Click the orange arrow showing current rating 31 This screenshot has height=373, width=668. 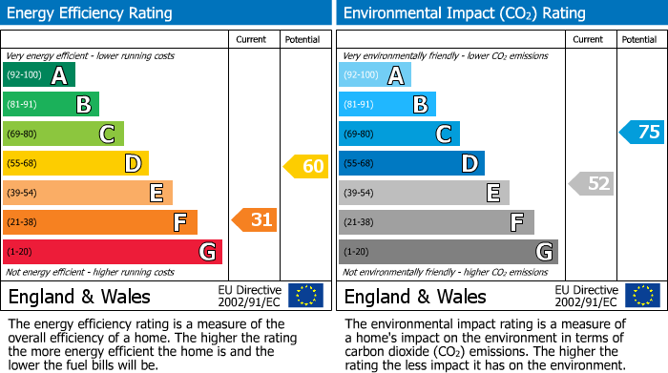[x=255, y=220]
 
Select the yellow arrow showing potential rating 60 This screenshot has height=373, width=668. [x=305, y=166]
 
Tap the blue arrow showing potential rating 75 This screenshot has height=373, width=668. [x=642, y=133]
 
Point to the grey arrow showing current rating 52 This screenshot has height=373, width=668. [x=591, y=183]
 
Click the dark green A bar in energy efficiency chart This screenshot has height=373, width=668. [x=38, y=75]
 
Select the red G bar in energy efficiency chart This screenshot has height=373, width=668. [x=112, y=252]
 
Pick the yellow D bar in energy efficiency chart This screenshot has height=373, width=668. [x=74, y=163]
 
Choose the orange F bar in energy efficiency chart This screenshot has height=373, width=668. [x=99, y=222]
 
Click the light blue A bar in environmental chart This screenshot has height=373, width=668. [x=374, y=75]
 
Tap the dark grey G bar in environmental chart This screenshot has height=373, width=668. [x=448, y=252]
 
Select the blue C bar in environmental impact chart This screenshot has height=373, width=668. [x=398, y=135]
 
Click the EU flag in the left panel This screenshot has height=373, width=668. [x=305, y=295]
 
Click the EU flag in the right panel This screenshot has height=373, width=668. [x=642, y=295]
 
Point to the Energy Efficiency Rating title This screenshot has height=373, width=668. [x=91, y=13]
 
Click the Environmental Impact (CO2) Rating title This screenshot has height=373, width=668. [x=464, y=13]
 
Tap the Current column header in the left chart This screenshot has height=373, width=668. [x=251, y=39]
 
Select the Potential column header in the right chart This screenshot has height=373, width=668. [x=638, y=39]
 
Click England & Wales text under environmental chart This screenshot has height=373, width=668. [x=414, y=296]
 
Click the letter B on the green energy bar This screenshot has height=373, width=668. [x=84, y=105]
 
